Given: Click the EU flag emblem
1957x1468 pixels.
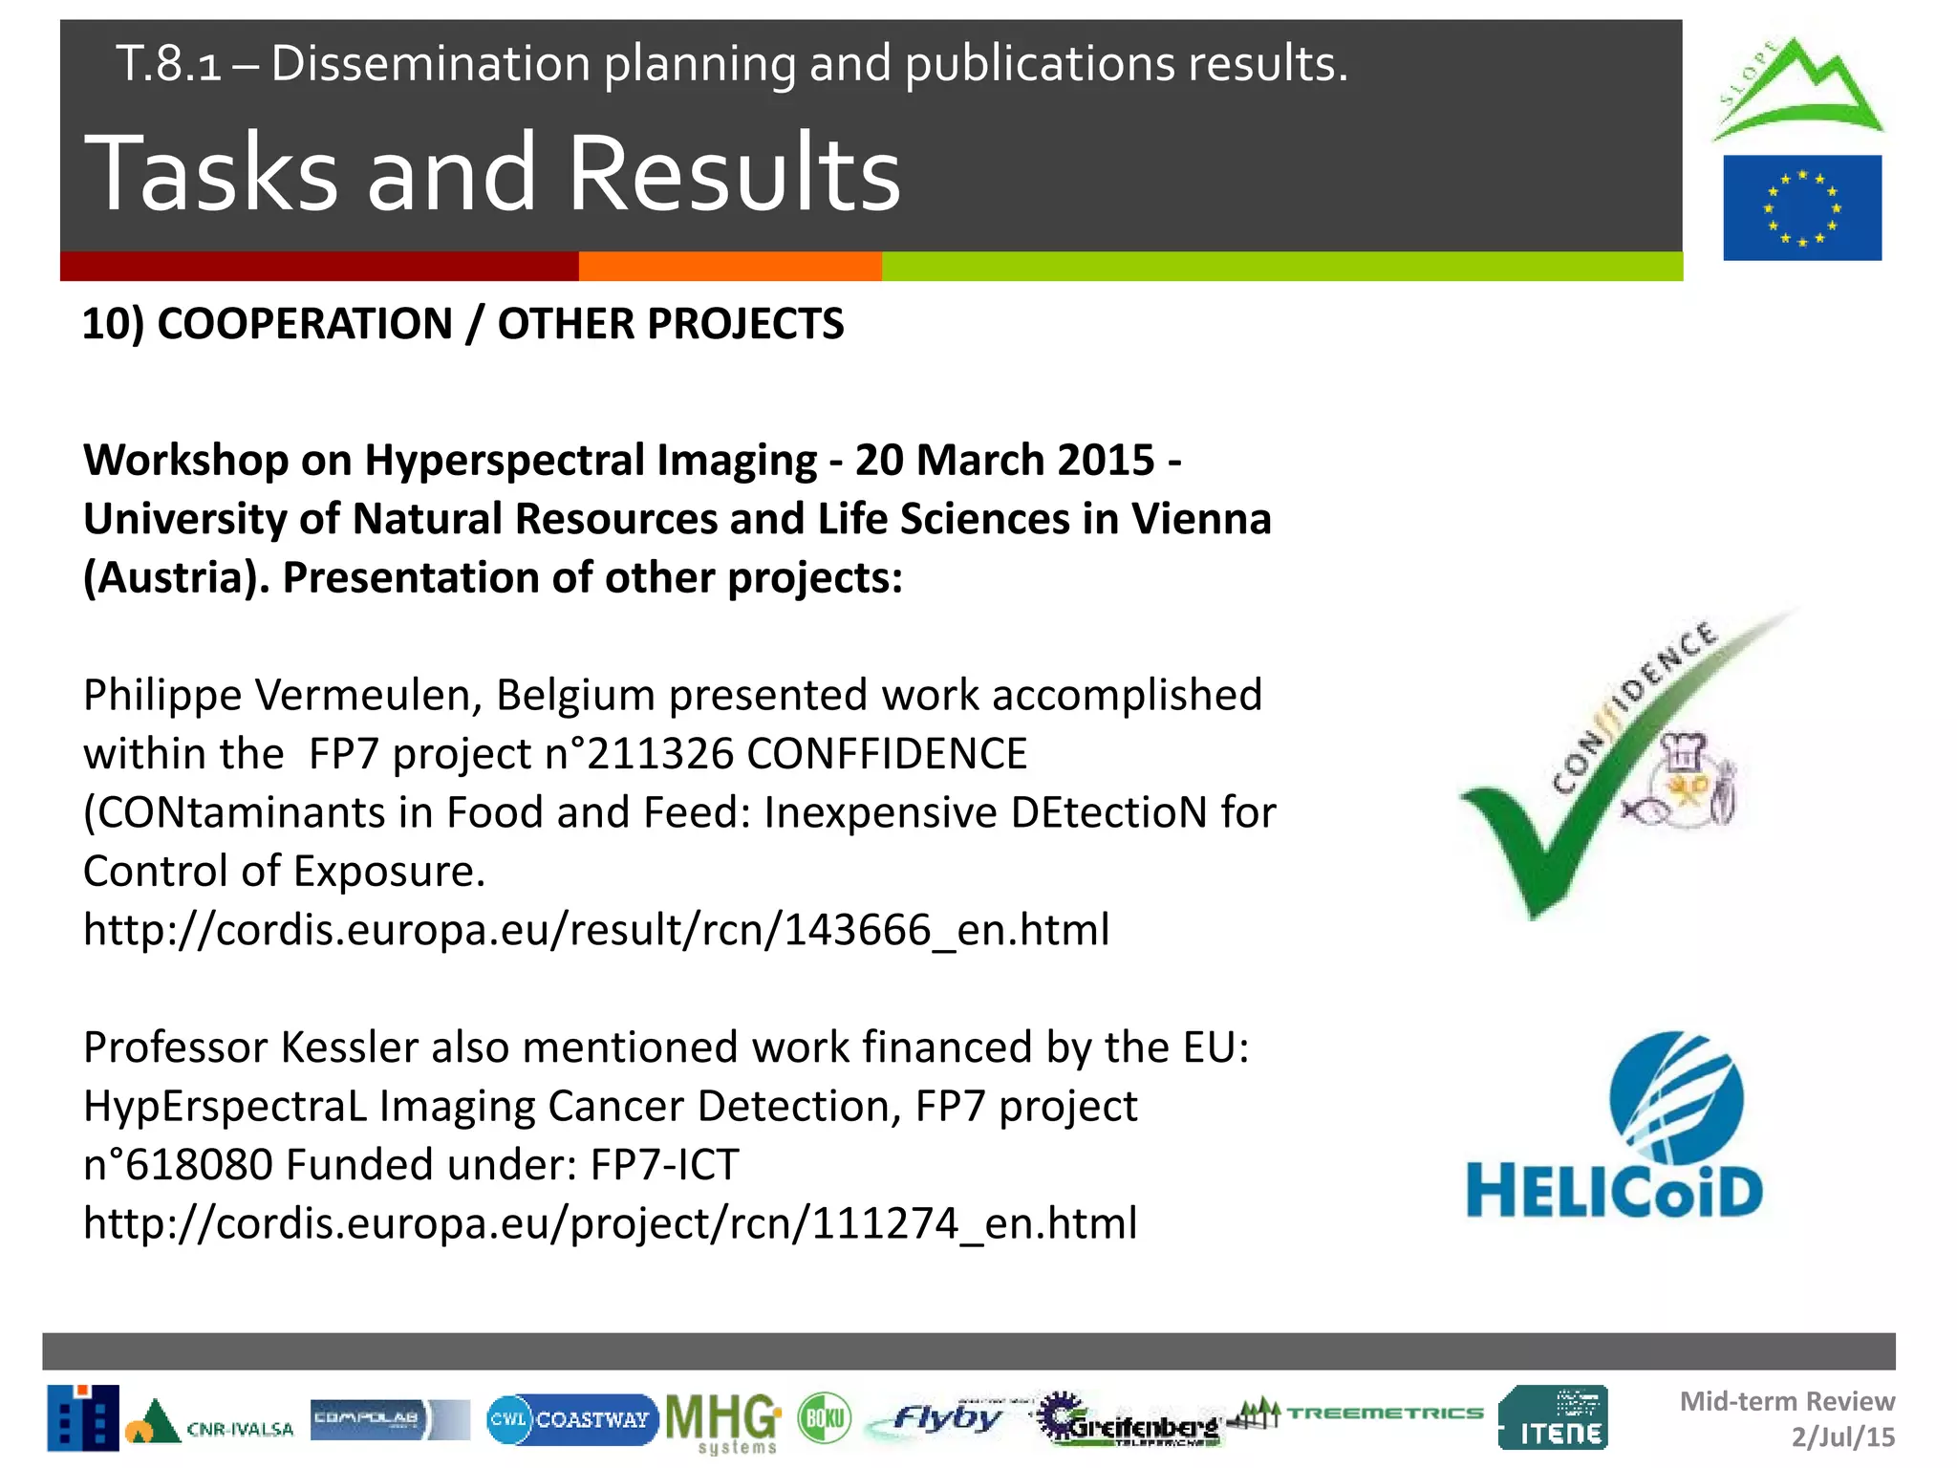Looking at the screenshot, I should (x=1801, y=207).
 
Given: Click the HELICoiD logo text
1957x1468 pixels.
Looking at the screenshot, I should (x=1614, y=1192).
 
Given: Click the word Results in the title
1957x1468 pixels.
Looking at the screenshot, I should (x=734, y=173).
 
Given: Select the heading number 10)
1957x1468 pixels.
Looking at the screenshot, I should (x=113, y=324).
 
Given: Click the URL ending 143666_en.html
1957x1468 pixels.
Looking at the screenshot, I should (x=596, y=930).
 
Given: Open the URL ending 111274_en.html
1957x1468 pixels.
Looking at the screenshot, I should (x=610, y=1223).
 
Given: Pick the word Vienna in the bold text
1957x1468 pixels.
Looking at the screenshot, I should (x=1201, y=519).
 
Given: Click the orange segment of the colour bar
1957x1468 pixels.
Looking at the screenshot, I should (x=730, y=266).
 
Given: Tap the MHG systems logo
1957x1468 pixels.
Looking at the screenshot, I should (x=723, y=1420).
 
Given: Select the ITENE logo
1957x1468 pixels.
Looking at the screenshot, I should (x=1553, y=1418).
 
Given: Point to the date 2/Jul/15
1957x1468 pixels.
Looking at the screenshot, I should (x=1842, y=1436).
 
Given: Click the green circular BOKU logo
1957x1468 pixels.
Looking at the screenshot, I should (x=824, y=1417).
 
